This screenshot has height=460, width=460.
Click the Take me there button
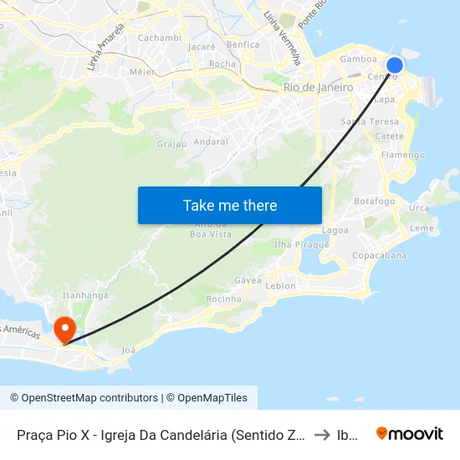(x=230, y=205)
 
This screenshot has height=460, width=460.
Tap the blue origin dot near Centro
(x=395, y=64)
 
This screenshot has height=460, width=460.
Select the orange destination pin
(x=64, y=329)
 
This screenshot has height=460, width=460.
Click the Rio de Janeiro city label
(x=319, y=87)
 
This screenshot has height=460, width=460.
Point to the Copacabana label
(x=380, y=255)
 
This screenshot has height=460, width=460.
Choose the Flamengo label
(x=402, y=155)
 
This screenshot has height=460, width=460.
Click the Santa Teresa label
(x=364, y=121)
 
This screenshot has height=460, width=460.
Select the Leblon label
(x=280, y=285)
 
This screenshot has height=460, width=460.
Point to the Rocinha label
(x=223, y=299)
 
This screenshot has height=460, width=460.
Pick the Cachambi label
(x=159, y=38)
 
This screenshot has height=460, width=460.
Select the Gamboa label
(x=358, y=59)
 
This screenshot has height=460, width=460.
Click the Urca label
(x=419, y=207)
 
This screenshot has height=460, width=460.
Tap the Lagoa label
(x=335, y=230)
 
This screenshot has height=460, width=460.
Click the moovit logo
(x=410, y=433)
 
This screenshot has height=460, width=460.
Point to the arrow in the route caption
(x=321, y=435)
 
